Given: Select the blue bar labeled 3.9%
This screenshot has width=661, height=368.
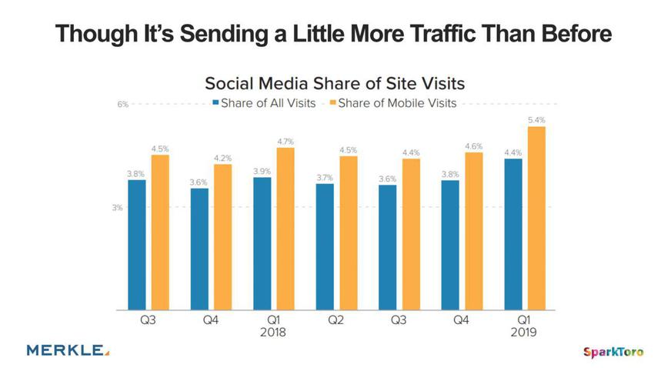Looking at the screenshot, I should pyautogui.click(x=262, y=243).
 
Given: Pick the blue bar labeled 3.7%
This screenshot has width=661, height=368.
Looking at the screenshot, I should pyautogui.click(x=325, y=246).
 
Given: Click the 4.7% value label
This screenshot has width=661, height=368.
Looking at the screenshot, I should pyautogui.click(x=285, y=142).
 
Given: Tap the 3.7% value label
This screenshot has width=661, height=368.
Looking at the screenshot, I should pyautogui.click(x=325, y=178).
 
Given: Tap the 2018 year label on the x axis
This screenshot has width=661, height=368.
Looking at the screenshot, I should pyautogui.click(x=273, y=334).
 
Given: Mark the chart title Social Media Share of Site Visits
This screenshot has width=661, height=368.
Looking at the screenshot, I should pyautogui.click(x=335, y=82).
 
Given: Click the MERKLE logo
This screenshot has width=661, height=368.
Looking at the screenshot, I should pyautogui.click(x=68, y=350).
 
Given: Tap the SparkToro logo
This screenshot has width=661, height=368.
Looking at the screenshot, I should pyautogui.click(x=612, y=352).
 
